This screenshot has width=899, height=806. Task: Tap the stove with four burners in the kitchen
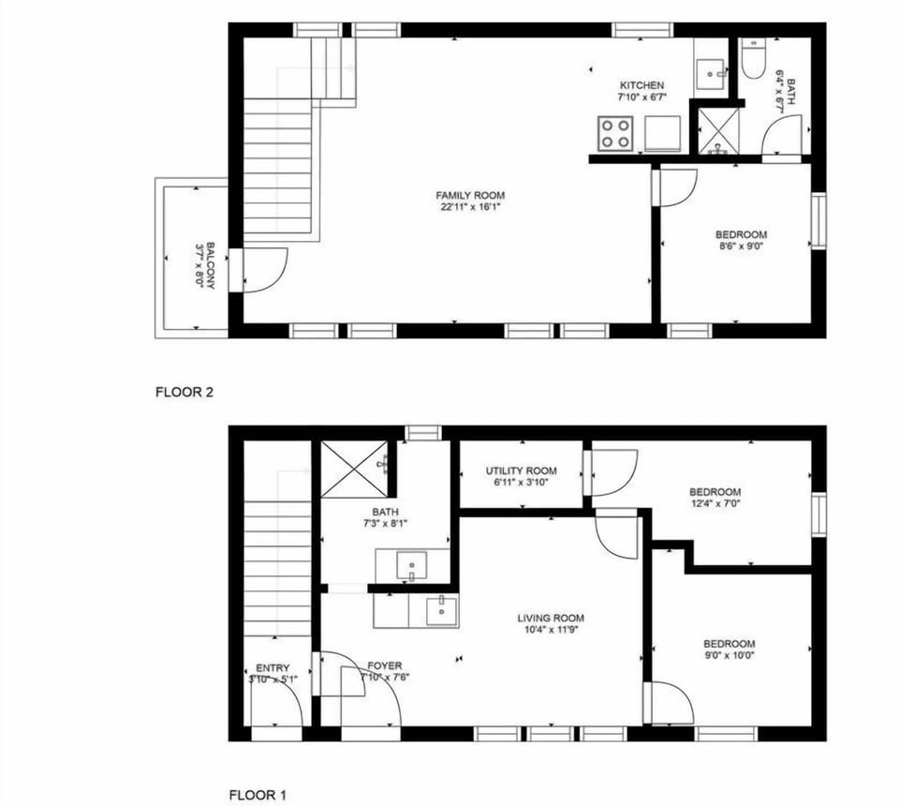tap(614, 133)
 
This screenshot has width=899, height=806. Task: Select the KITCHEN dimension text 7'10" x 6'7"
tap(641, 97)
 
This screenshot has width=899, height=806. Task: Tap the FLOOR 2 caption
tap(184, 393)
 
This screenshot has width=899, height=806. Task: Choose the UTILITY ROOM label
tap(521, 470)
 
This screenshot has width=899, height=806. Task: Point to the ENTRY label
tap(273, 668)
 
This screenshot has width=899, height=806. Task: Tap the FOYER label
tap(384, 665)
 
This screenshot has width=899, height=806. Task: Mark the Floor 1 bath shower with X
tap(353, 468)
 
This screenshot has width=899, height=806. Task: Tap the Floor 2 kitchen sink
tap(711, 71)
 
